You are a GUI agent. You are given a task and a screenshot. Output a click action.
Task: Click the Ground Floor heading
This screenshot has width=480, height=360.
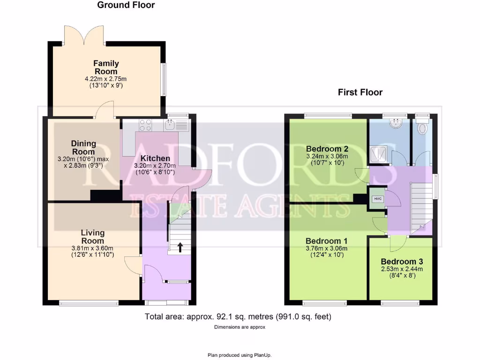click(x=126, y=5)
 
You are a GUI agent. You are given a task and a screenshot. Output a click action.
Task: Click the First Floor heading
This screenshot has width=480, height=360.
click(x=360, y=92)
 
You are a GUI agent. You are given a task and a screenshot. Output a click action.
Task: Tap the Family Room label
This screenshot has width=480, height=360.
click(x=106, y=67)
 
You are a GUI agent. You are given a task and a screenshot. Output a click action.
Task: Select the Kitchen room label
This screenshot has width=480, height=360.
click(x=155, y=158)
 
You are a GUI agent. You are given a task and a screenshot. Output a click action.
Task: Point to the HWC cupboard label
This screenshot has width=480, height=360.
click(x=378, y=199)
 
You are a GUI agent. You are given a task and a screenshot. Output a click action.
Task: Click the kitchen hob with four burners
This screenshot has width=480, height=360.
click(x=145, y=125)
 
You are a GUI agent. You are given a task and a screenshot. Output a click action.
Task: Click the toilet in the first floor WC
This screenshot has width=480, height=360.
click(x=423, y=127)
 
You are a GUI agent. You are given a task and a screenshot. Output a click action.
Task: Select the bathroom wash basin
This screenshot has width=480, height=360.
click(x=396, y=123)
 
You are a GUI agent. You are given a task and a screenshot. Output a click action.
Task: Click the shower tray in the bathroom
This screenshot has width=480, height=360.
click(x=379, y=155)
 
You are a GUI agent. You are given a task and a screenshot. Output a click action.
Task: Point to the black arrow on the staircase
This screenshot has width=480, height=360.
click(x=180, y=247)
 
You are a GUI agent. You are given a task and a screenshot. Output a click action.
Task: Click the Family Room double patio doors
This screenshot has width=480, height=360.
click(x=84, y=36)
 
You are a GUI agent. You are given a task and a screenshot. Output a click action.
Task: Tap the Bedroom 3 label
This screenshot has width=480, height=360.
click(x=402, y=262)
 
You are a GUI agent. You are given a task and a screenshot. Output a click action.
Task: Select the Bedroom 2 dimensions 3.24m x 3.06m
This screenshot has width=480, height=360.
click(x=327, y=156)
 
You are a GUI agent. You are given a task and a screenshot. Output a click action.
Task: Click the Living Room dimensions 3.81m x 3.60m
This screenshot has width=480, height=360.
click(x=92, y=248)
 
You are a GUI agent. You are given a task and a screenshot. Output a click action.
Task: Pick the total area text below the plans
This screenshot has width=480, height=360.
click(x=238, y=316)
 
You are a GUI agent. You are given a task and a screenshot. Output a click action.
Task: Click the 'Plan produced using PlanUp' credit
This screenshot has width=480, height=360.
click(x=240, y=355)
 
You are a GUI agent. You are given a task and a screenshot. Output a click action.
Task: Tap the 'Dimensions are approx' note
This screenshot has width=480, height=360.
click(x=240, y=327)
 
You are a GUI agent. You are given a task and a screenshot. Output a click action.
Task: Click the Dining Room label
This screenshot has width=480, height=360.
click(x=83, y=148)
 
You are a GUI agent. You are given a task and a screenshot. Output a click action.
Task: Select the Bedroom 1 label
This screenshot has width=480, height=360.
click(x=326, y=241)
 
